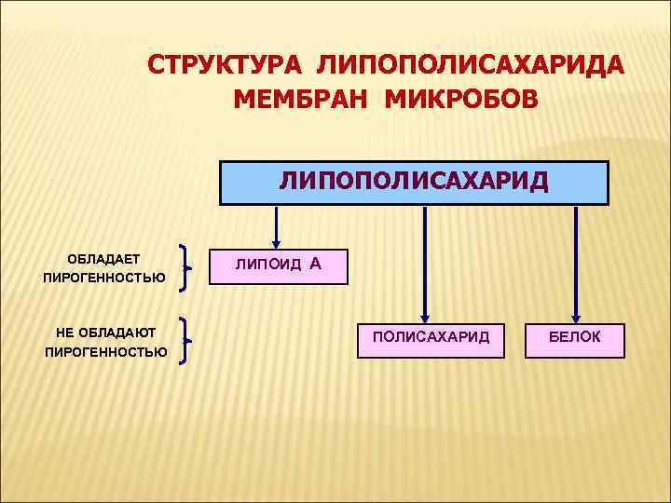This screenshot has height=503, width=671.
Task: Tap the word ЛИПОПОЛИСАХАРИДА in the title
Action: pyautogui.click(x=471, y=66)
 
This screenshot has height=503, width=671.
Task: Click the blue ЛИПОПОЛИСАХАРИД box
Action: pyautogui.click(x=413, y=183)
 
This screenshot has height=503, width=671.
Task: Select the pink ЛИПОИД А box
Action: pyautogui.click(x=279, y=265)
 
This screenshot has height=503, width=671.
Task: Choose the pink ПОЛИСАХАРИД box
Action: pyautogui.click(x=431, y=340)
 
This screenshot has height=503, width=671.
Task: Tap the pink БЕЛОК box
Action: pyautogui.click(x=574, y=340)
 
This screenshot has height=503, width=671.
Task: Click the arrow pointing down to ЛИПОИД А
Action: pyautogui.click(x=276, y=226)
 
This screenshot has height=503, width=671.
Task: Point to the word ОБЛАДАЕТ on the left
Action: pyautogui.click(x=104, y=257)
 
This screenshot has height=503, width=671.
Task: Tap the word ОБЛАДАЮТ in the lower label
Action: pyautogui.click(x=116, y=332)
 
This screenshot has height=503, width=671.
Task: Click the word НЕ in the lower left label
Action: pyautogui.click(x=63, y=332)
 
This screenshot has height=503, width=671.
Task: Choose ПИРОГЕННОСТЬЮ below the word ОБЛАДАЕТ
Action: pyautogui.click(x=104, y=277)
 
